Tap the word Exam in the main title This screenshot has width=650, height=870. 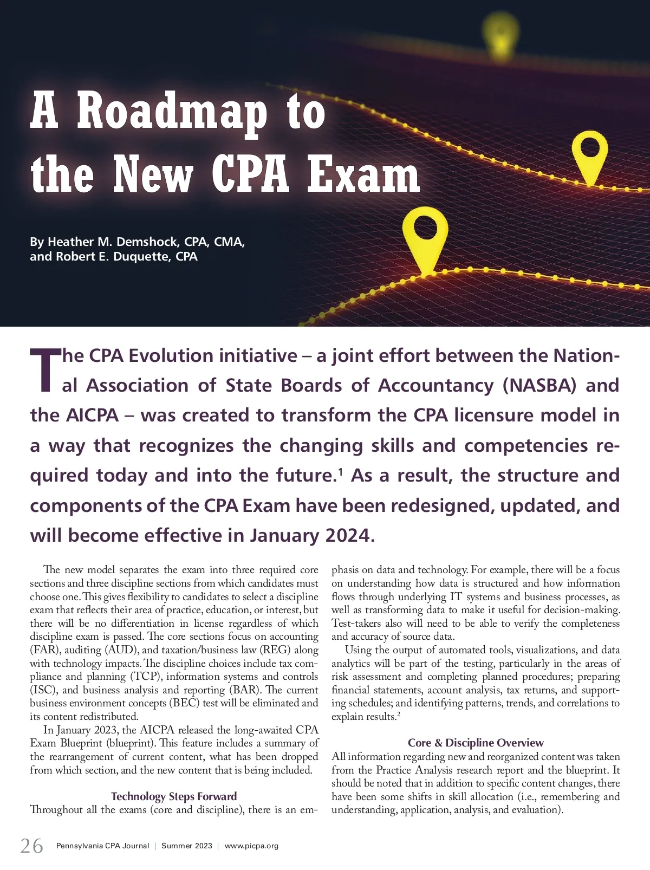[363, 175]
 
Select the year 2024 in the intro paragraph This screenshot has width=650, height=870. [347, 535]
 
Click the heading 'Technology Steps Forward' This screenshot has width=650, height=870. [174, 796]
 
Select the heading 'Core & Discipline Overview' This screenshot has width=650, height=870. [476, 743]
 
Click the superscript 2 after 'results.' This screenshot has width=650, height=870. [398, 715]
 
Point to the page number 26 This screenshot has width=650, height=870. [31, 846]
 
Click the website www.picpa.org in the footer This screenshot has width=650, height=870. [251, 846]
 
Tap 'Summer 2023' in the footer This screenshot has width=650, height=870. [186, 846]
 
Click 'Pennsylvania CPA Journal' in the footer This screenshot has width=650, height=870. [102, 846]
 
